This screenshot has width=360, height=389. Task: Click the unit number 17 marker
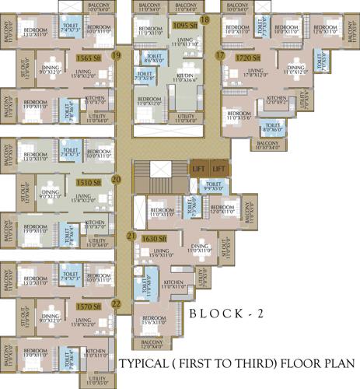220,56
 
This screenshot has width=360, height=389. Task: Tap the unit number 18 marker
205,19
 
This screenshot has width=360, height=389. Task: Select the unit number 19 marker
116,56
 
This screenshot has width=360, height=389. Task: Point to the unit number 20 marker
116,179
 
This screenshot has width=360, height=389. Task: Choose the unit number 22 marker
116,303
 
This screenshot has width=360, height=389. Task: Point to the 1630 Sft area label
155,238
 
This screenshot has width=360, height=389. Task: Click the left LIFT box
198,169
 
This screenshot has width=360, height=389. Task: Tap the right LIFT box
218,169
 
